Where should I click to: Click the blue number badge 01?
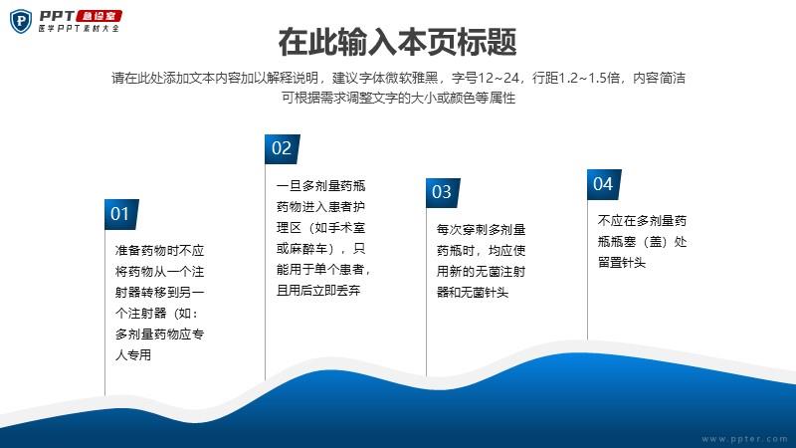[121, 214]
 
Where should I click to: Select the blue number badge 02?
[282, 148]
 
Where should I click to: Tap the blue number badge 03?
[443, 192]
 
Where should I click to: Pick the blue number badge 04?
[604, 184]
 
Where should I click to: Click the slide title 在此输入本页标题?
[397, 42]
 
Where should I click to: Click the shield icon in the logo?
[21, 21]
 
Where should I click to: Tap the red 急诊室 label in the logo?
[99, 16]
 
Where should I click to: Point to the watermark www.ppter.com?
[744, 438]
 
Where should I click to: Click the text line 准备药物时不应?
[159, 251]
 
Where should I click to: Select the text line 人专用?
[133, 355]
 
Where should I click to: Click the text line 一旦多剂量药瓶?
[320, 186]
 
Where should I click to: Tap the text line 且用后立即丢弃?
[318, 291]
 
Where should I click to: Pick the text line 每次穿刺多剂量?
[481, 230]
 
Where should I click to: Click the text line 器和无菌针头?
[473, 293]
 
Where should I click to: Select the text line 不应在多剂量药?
[642, 221]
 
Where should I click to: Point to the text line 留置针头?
[622, 263]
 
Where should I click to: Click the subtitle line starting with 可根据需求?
[399, 98]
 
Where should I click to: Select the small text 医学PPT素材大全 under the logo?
[79, 29]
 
